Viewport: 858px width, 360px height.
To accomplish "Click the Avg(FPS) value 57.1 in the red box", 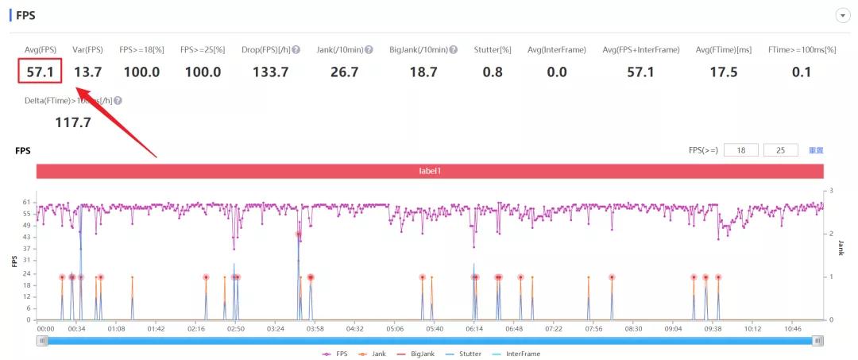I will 40,72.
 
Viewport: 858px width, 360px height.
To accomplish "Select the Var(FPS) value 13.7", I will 87,72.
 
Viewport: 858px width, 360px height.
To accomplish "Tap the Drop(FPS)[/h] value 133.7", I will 270,72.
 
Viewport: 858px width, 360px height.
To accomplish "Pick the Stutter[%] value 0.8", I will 493,72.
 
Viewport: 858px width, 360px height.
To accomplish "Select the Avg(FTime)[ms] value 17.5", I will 723,72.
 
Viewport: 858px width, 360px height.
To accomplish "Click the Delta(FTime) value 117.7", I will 73,122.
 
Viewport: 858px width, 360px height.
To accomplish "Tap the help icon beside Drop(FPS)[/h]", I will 296,50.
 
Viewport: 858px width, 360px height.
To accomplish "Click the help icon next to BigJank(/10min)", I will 454,50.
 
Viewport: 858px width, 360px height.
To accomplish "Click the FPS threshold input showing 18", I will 740,150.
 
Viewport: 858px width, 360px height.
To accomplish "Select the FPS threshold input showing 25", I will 780,150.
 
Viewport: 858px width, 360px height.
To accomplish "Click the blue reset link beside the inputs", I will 816,150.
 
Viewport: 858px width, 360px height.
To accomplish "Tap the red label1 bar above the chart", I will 429,172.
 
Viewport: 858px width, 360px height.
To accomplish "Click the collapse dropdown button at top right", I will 842,16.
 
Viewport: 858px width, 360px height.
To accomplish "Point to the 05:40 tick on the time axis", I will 435,327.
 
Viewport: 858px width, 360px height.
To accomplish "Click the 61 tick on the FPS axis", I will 27,203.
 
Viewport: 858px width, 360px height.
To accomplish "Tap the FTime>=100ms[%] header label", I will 802,50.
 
